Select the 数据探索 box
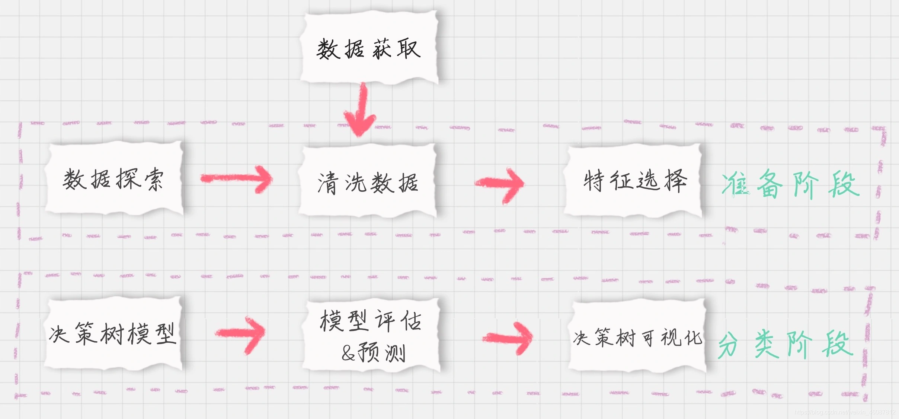[113, 178]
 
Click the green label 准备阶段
[790, 184]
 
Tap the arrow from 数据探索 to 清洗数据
[237, 179]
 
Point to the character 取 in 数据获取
[409, 49]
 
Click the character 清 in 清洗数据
[327, 183]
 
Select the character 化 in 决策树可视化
[693, 337]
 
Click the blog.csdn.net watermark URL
[845, 412]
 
